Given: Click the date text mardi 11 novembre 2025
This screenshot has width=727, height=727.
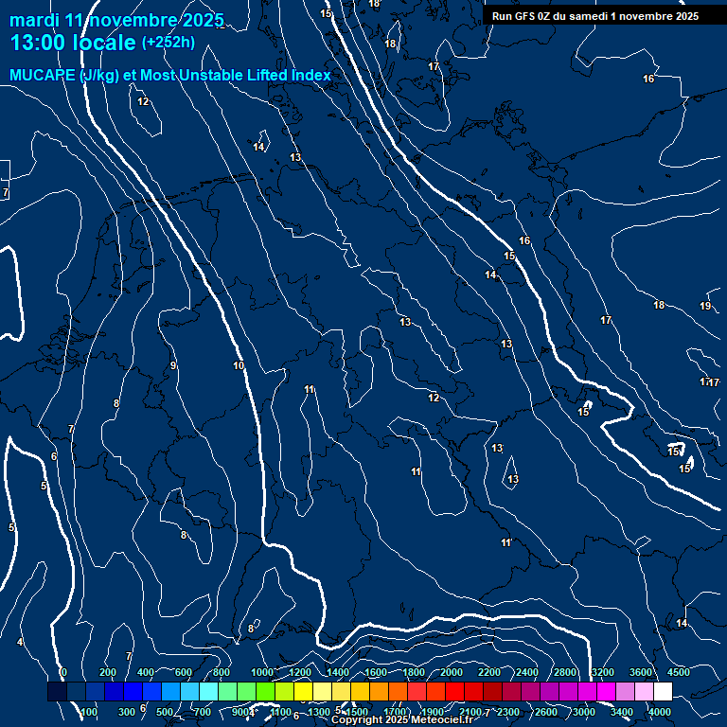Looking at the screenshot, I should tap(116, 20).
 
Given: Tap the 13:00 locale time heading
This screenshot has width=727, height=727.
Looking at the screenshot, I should tap(74, 43).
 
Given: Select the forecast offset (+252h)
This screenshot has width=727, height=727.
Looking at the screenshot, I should tap(168, 43).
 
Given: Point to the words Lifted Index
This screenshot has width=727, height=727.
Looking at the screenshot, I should tap(284, 75).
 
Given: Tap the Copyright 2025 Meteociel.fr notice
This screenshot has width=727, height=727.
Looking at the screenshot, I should tap(401, 720).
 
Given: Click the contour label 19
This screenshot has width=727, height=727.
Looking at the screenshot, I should tap(705, 306).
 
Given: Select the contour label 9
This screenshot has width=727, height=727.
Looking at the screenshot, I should tap(173, 365).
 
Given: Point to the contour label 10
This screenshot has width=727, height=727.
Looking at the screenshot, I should tap(239, 365).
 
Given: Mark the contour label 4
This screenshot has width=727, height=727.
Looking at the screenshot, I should tap(20, 643).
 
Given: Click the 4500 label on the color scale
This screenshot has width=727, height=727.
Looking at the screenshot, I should tap(679, 672).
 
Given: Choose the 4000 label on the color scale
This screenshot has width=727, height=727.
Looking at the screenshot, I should tap(660, 712).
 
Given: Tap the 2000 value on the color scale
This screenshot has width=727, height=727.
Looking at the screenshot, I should tap(452, 672).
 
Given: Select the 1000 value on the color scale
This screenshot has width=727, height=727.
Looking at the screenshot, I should tap(261, 672).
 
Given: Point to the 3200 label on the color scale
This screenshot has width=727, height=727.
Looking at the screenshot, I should tap(603, 672).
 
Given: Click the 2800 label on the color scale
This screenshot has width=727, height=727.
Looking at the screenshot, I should tap(565, 672).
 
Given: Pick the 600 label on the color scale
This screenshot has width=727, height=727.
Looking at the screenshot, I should tap(184, 672).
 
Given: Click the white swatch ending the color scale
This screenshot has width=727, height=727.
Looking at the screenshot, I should tap(663, 692).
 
